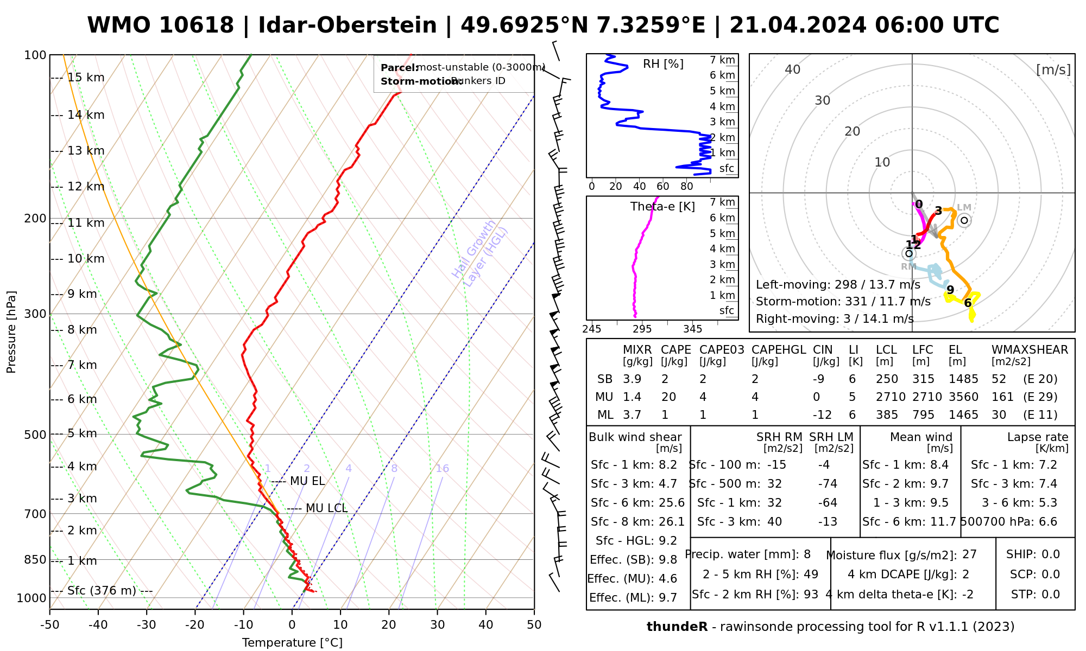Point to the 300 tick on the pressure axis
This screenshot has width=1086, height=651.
[x=36, y=314]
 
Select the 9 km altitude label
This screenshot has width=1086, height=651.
[x=82, y=294]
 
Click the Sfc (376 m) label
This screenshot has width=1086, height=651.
[x=102, y=591]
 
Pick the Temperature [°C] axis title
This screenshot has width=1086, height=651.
[x=292, y=643]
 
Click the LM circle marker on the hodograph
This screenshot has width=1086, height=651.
[x=964, y=220]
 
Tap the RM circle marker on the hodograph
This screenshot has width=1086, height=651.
[x=908, y=253]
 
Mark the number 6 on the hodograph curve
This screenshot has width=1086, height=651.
[x=968, y=303]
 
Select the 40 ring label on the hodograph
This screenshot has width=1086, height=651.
[x=793, y=69]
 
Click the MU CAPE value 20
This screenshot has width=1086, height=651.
[x=668, y=397]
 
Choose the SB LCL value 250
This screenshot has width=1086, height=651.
[x=887, y=379]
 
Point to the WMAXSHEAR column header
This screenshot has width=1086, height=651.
[x=1030, y=350]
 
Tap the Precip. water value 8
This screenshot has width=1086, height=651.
[x=807, y=554]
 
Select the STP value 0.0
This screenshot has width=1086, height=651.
[x=1050, y=595]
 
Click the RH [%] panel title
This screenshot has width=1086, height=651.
[x=663, y=64]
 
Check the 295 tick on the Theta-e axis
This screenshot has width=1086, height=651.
[x=642, y=329]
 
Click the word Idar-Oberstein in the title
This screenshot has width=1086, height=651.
[x=348, y=25]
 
